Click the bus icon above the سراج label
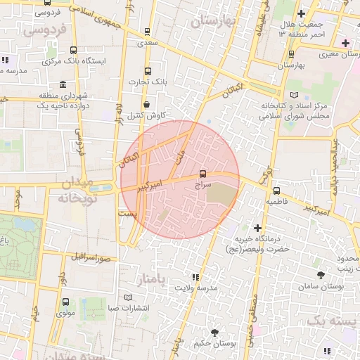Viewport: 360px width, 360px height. click(x=203, y=172)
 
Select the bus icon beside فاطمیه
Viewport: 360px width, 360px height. click(x=276, y=191)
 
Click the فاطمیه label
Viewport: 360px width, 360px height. click(x=276, y=201)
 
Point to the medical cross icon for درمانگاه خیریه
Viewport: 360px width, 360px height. click(x=259, y=228)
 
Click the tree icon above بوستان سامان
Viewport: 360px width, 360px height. click(x=321, y=276)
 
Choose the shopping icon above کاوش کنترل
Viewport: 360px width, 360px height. click(x=146, y=105)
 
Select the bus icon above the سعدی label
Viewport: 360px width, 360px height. click(x=147, y=32)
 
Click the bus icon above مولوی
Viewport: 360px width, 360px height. click(x=66, y=302)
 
